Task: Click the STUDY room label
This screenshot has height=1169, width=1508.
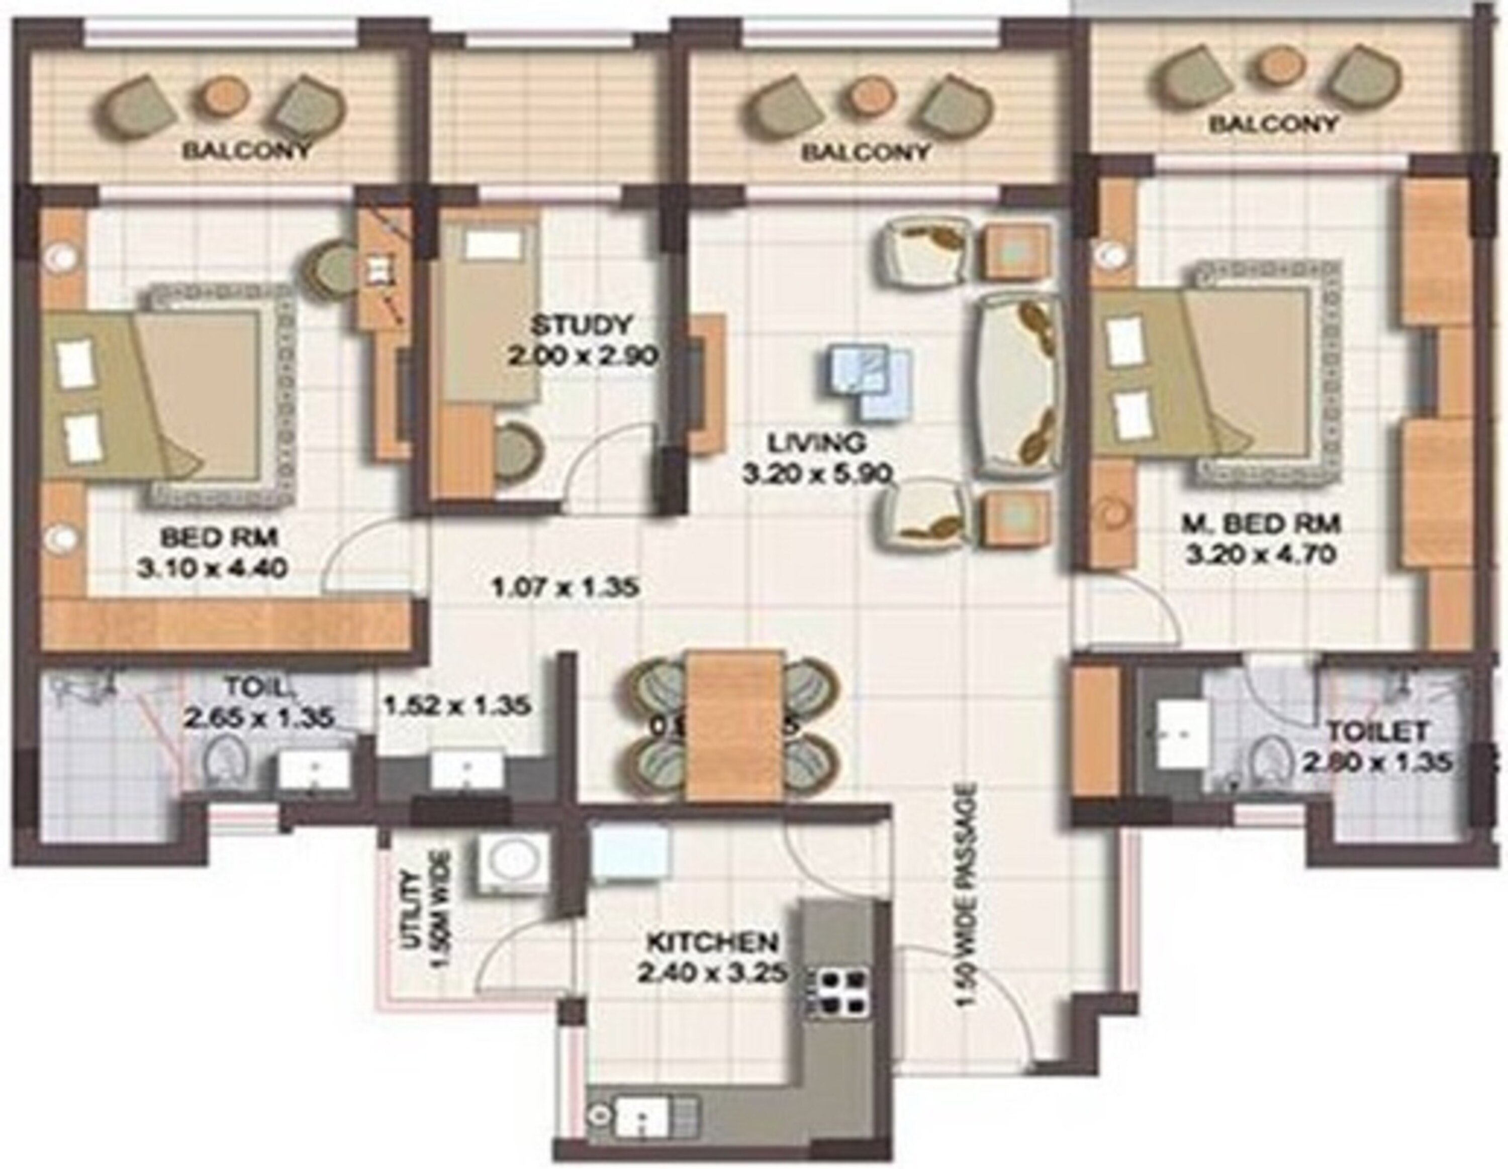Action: pyautogui.click(x=582, y=324)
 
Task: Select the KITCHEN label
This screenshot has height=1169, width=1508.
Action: pyautogui.click(x=713, y=942)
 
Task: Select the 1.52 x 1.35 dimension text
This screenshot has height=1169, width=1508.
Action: pyautogui.click(x=457, y=706)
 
